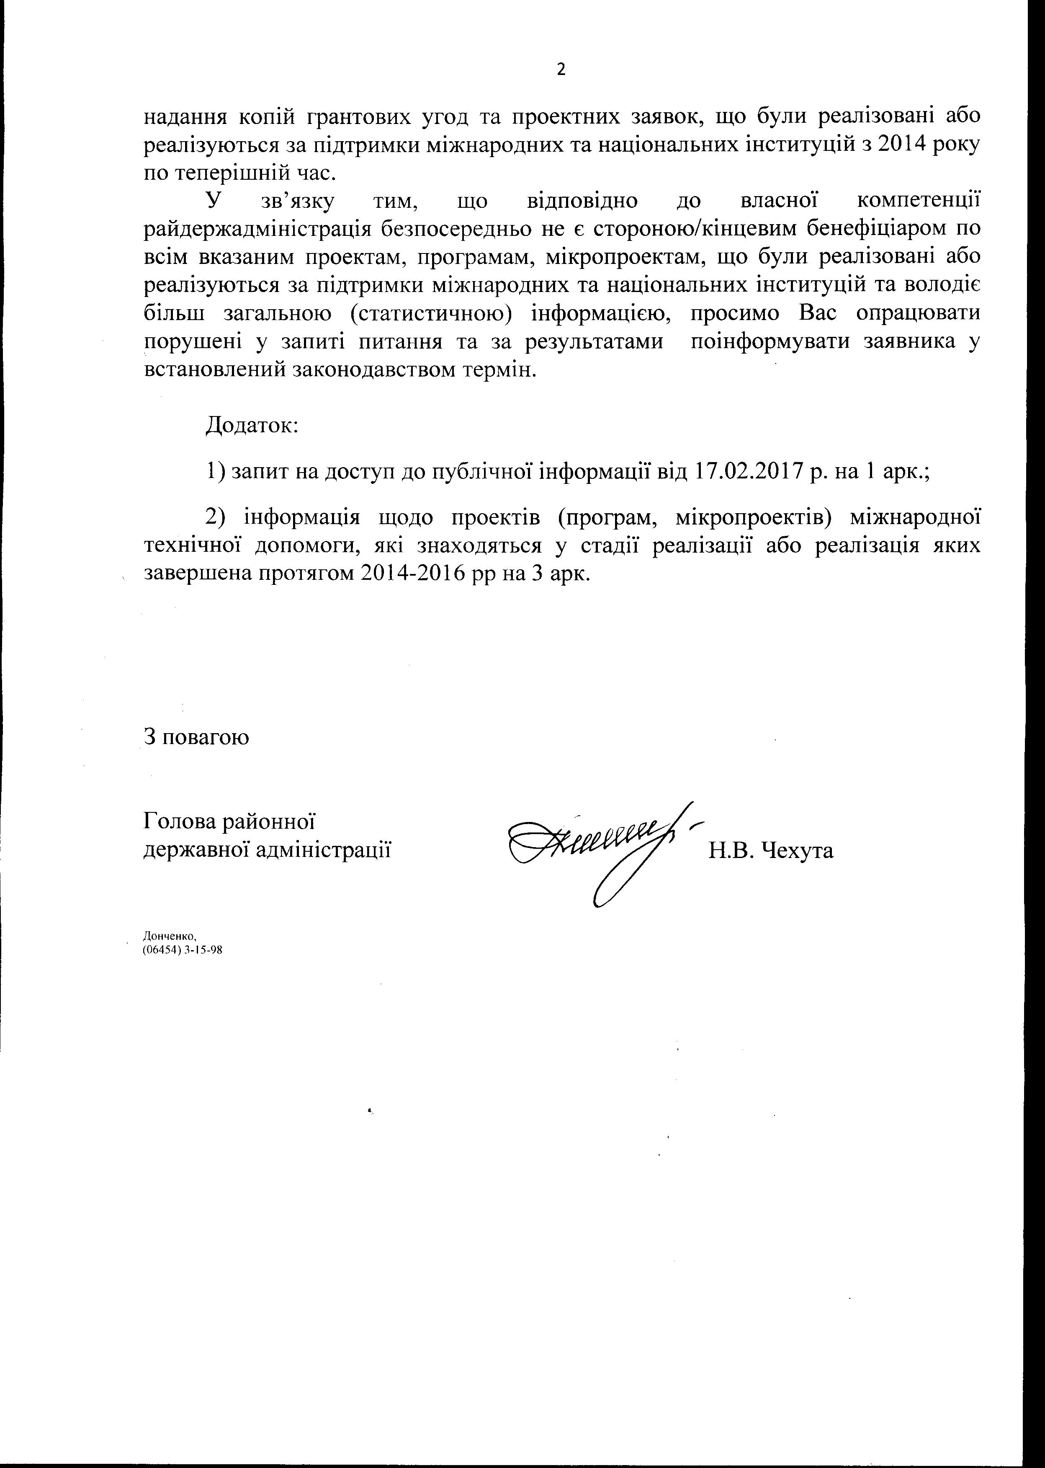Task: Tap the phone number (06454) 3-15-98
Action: point(182,950)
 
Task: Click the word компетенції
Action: point(919,201)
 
